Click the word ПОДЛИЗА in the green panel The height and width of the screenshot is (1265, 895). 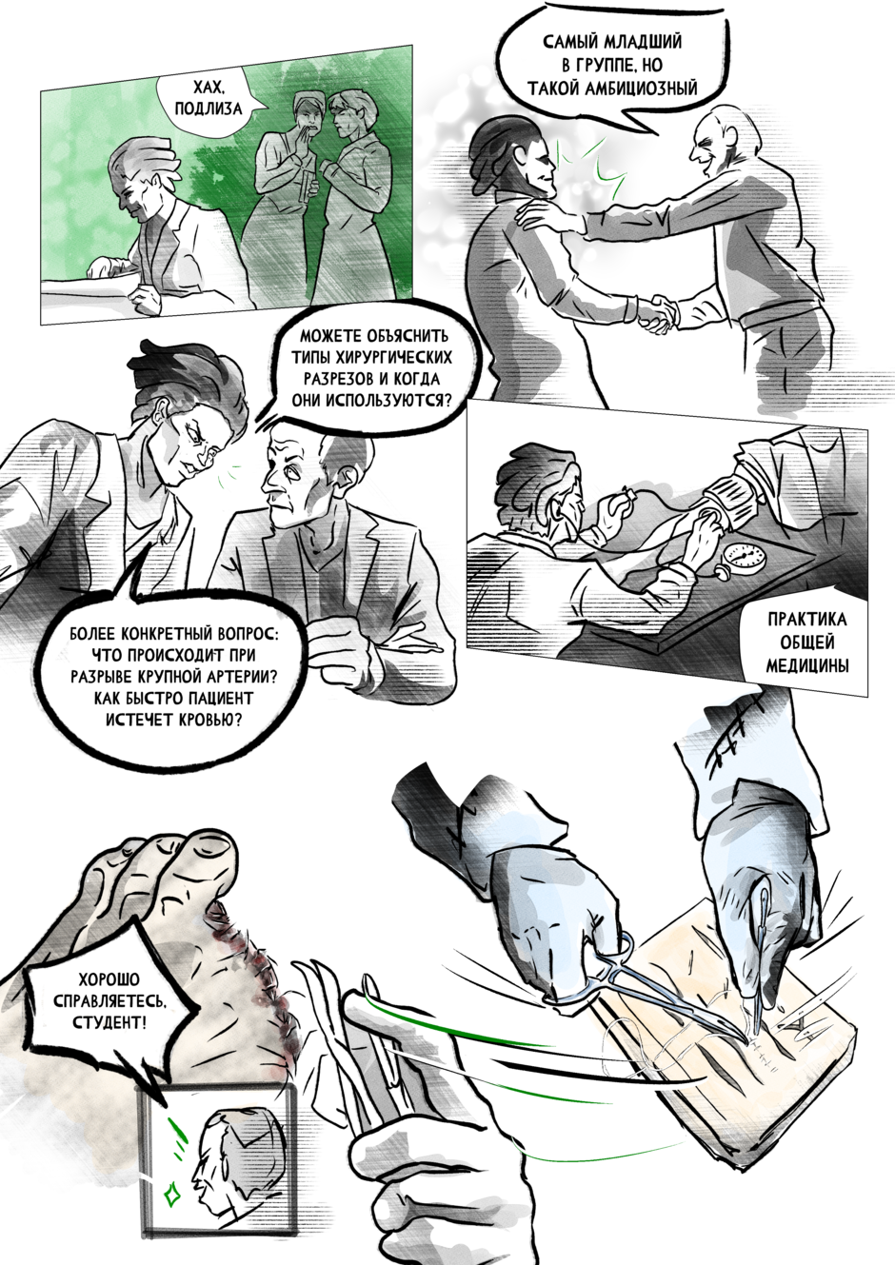pyautogui.click(x=209, y=109)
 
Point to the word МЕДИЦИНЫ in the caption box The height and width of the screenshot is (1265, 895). pyautogui.click(x=807, y=666)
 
